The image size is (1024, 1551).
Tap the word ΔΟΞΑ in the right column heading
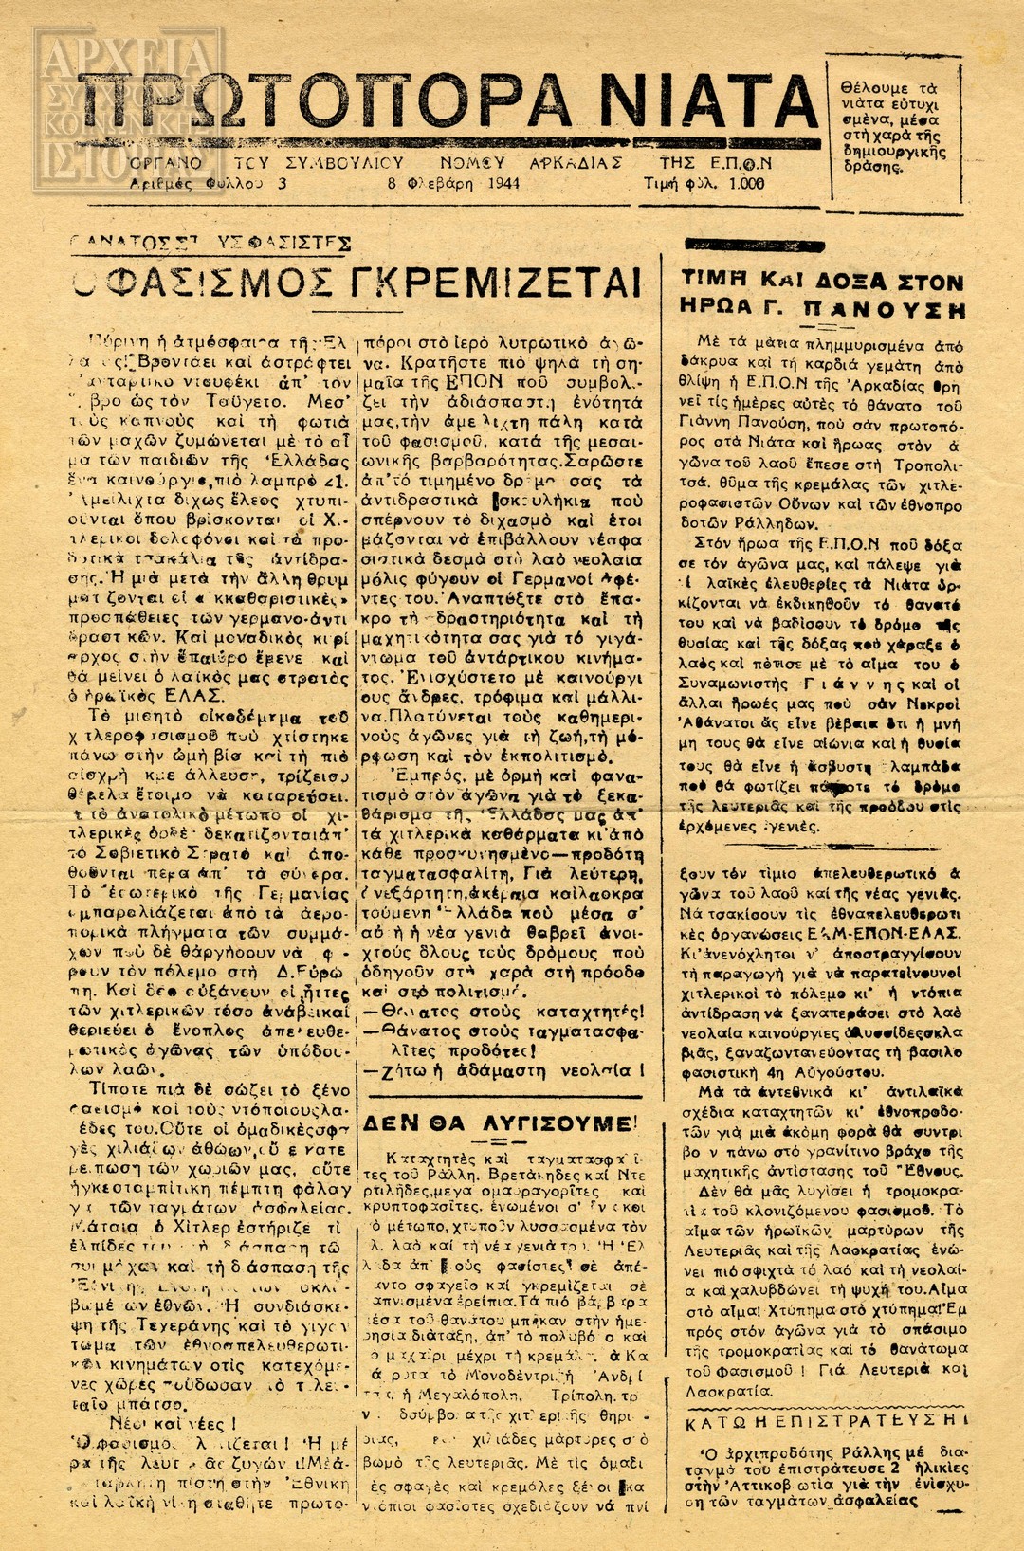838,282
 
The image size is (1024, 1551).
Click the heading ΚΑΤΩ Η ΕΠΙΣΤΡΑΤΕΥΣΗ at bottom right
826,1420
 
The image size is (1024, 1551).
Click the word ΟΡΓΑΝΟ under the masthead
166,163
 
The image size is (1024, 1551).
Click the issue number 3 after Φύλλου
283,183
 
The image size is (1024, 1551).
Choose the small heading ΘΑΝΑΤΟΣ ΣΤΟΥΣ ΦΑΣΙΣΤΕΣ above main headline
210,243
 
